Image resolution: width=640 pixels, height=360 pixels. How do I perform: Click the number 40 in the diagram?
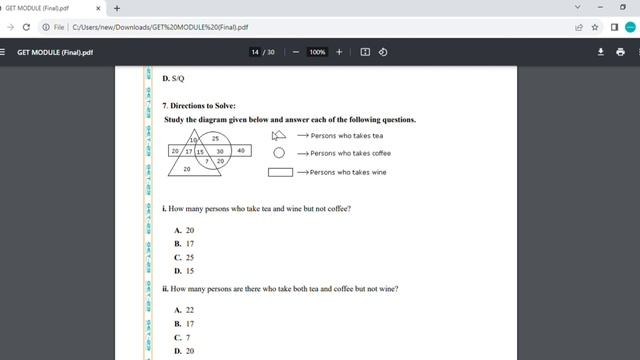(240, 151)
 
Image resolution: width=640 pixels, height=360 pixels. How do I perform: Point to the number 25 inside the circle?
(215, 138)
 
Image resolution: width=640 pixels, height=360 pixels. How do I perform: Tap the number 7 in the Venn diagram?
(206, 160)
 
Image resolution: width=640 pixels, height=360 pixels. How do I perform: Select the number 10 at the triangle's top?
(193, 140)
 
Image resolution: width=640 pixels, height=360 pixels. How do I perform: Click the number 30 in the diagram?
(219, 151)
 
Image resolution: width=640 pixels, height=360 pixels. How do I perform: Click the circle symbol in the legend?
(279, 153)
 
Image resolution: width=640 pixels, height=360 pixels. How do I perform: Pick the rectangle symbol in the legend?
(280, 172)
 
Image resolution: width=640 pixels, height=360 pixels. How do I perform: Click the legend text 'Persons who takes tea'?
(347, 135)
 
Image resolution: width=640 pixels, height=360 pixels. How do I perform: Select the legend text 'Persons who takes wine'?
(348, 172)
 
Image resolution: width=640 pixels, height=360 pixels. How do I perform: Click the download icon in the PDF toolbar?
(601, 52)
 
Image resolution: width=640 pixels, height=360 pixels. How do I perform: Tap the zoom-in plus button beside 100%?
(339, 52)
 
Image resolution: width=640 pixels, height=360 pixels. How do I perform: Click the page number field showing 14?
(255, 52)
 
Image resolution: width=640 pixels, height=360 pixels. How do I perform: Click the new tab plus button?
(117, 8)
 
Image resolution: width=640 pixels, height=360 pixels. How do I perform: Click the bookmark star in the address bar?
(595, 27)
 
